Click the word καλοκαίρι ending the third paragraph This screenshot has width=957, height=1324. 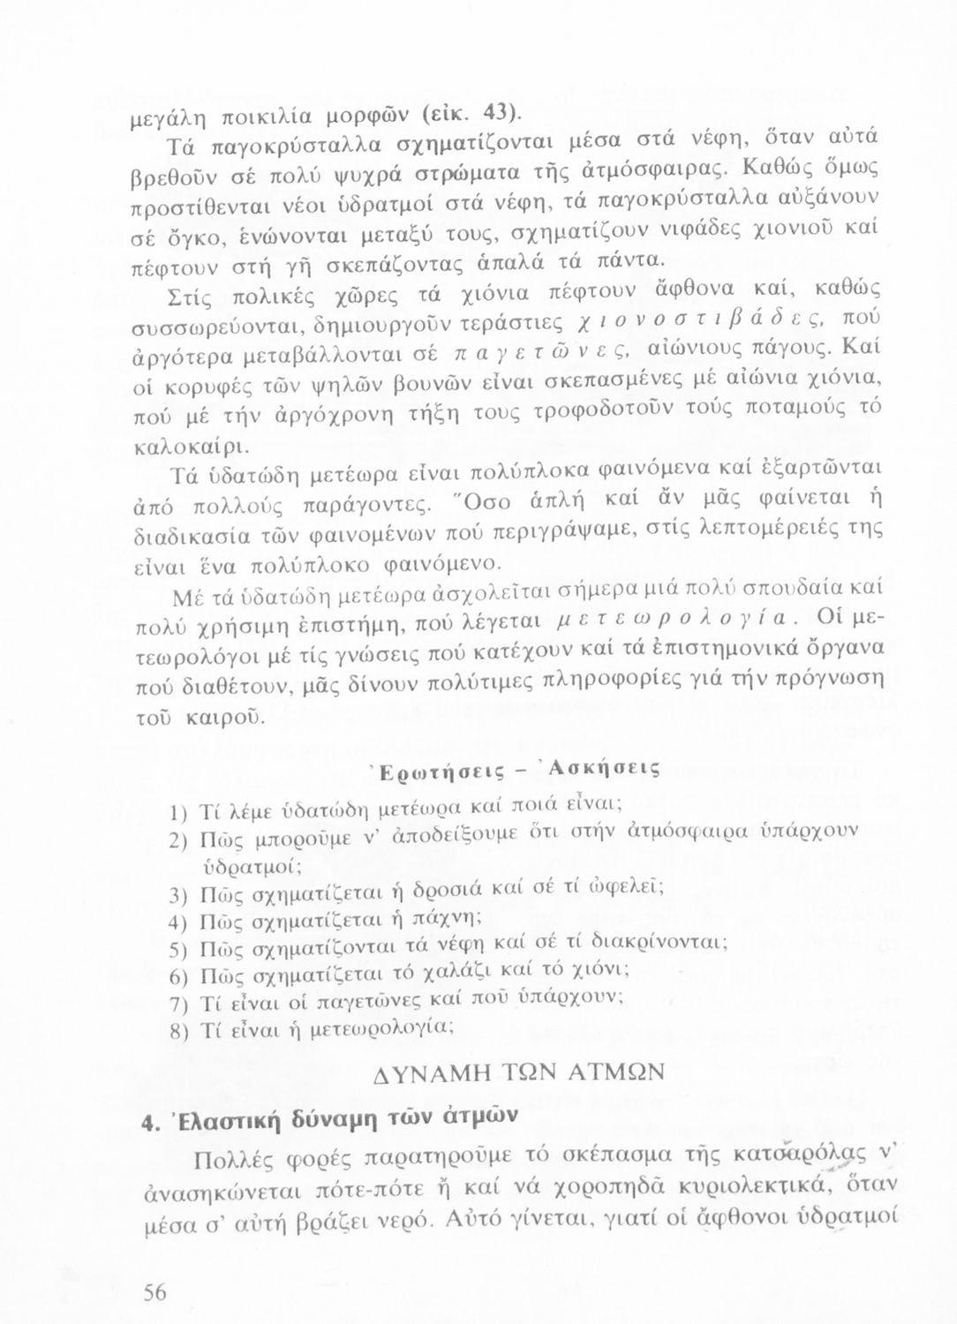click(189, 440)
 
